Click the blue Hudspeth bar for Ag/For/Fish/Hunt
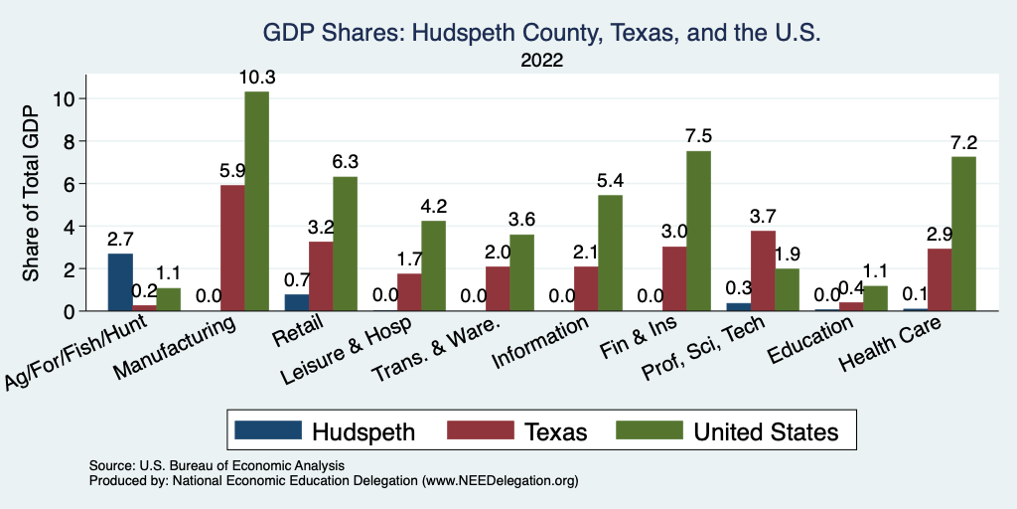click(120, 282)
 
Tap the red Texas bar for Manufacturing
click(232, 248)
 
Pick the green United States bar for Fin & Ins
click(698, 231)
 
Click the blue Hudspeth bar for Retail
click(297, 302)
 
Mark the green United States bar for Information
click(611, 253)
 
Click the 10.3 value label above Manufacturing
click(257, 77)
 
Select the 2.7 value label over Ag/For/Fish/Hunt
click(120, 239)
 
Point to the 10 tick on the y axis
click(66, 98)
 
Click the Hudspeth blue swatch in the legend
click(267, 430)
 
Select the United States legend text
click(766, 431)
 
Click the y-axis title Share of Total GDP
click(33, 193)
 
